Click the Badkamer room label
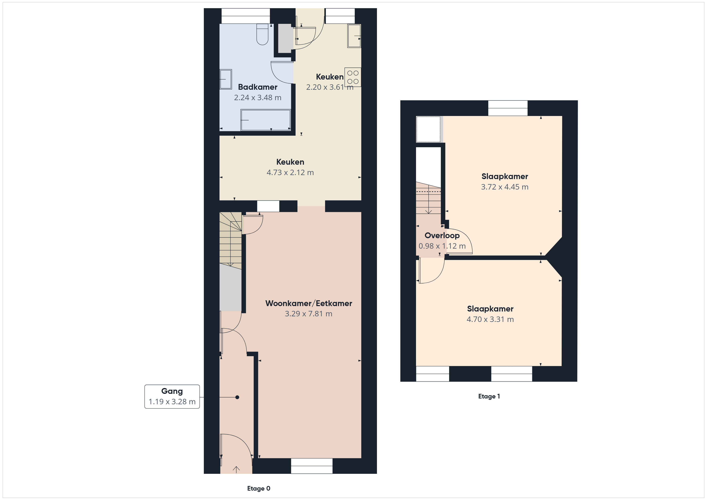[258, 87]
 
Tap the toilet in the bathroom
[262, 34]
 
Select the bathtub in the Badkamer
[266, 120]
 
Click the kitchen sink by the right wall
[354, 36]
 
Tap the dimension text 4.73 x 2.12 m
[290, 173]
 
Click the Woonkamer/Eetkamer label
[309, 303]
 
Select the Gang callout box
[172, 397]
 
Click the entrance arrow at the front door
[236, 470]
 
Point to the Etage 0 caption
[259, 488]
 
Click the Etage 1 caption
[489, 396]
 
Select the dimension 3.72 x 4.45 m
[505, 187]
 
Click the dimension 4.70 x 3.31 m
[490, 319]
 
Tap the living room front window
[312, 466]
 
